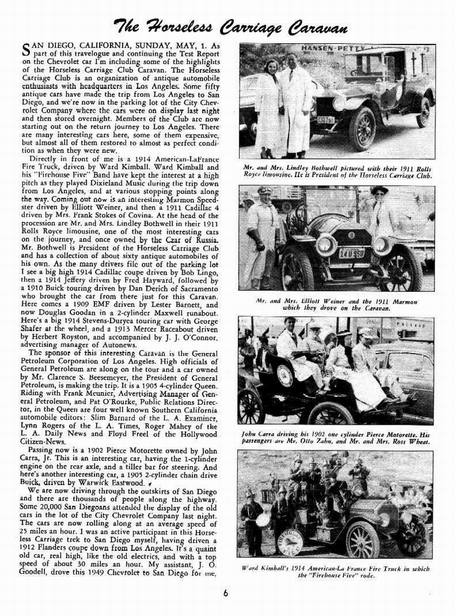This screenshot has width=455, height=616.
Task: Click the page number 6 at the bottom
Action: pyautogui.click(x=225, y=593)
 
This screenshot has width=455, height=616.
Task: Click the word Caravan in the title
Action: pyautogui.click(x=317, y=27)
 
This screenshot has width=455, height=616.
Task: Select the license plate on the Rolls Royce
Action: pyautogui.click(x=326, y=120)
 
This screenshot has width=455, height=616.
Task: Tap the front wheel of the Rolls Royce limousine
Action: pyautogui.click(x=362, y=128)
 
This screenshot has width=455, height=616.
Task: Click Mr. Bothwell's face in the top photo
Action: pyautogui.click(x=292, y=60)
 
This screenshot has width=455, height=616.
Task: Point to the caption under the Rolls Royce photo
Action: pyautogui.click(x=337, y=171)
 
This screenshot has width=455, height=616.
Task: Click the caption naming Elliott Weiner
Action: pyautogui.click(x=337, y=304)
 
